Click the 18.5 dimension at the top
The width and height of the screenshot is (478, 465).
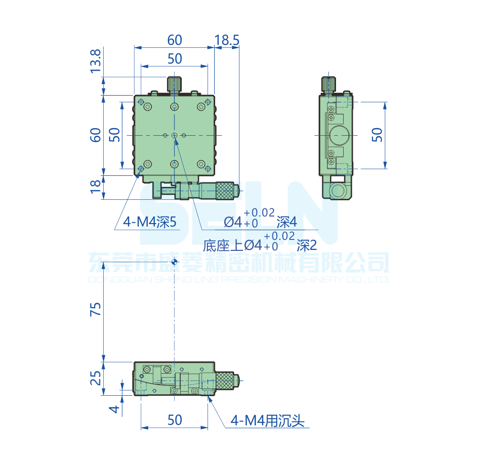pyautogui.click(x=227, y=41)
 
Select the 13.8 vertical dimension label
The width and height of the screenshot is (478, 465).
pyautogui.click(x=96, y=61)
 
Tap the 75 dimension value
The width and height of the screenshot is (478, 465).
pyautogui.click(x=96, y=309)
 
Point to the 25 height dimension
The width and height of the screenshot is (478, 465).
pyautogui.click(x=96, y=378)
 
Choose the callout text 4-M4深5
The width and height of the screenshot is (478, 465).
pyautogui.click(x=150, y=222)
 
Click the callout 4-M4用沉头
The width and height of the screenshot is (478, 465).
pyautogui.click(x=267, y=420)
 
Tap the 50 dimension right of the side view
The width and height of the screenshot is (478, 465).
pyautogui.click(x=377, y=135)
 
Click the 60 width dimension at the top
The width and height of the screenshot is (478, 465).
pyautogui.click(x=174, y=41)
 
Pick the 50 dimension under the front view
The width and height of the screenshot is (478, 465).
pyautogui.click(x=174, y=420)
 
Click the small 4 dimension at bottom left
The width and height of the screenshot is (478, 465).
pyautogui.click(x=113, y=409)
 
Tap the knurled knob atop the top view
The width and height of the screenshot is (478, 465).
pyautogui.click(x=174, y=84)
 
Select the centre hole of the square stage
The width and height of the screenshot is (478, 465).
pyautogui.click(x=174, y=136)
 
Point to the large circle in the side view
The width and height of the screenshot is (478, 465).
pyautogui.click(x=339, y=135)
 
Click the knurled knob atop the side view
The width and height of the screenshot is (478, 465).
pyautogui.click(x=328, y=84)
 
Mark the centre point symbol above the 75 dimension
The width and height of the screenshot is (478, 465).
pyautogui.click(x=174, y=262)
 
